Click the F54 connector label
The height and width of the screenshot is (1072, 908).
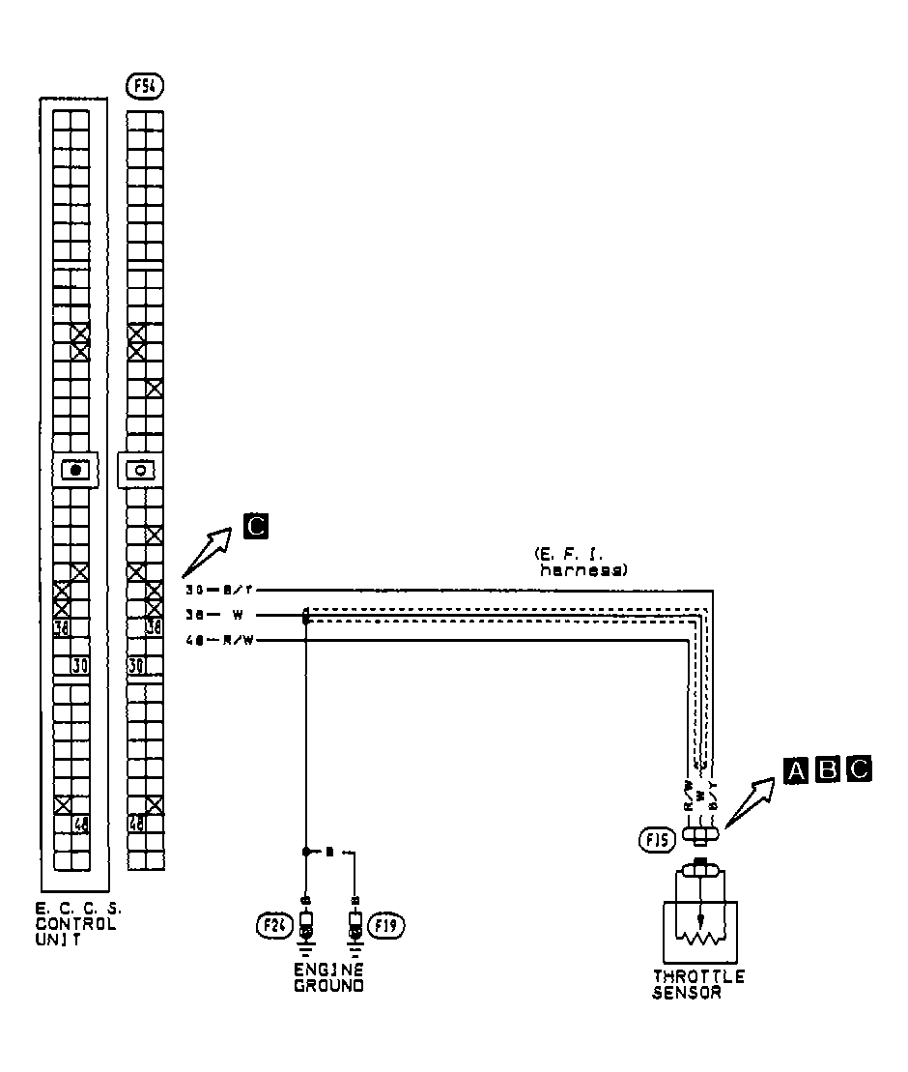[x=145, y=86]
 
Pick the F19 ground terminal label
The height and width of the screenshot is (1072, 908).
[x=390, y=926]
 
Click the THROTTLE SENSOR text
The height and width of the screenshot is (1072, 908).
[x=698, y=984]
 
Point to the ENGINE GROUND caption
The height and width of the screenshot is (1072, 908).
[x=329, y=977]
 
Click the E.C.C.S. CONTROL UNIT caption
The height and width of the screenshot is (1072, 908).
[x=78, y=923]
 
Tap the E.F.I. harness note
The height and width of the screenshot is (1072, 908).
[x=580, y=563]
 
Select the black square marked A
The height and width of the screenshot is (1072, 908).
[x=796, y=769]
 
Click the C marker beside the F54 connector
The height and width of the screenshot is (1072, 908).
[x=255, y=526]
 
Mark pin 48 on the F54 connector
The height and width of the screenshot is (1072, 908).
[x=136, y=824]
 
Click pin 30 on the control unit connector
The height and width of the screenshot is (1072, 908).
[x=80, y=665]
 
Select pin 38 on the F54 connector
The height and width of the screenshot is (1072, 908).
[x=153, y=626]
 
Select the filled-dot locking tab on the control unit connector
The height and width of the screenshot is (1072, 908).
[x=74, y=471]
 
